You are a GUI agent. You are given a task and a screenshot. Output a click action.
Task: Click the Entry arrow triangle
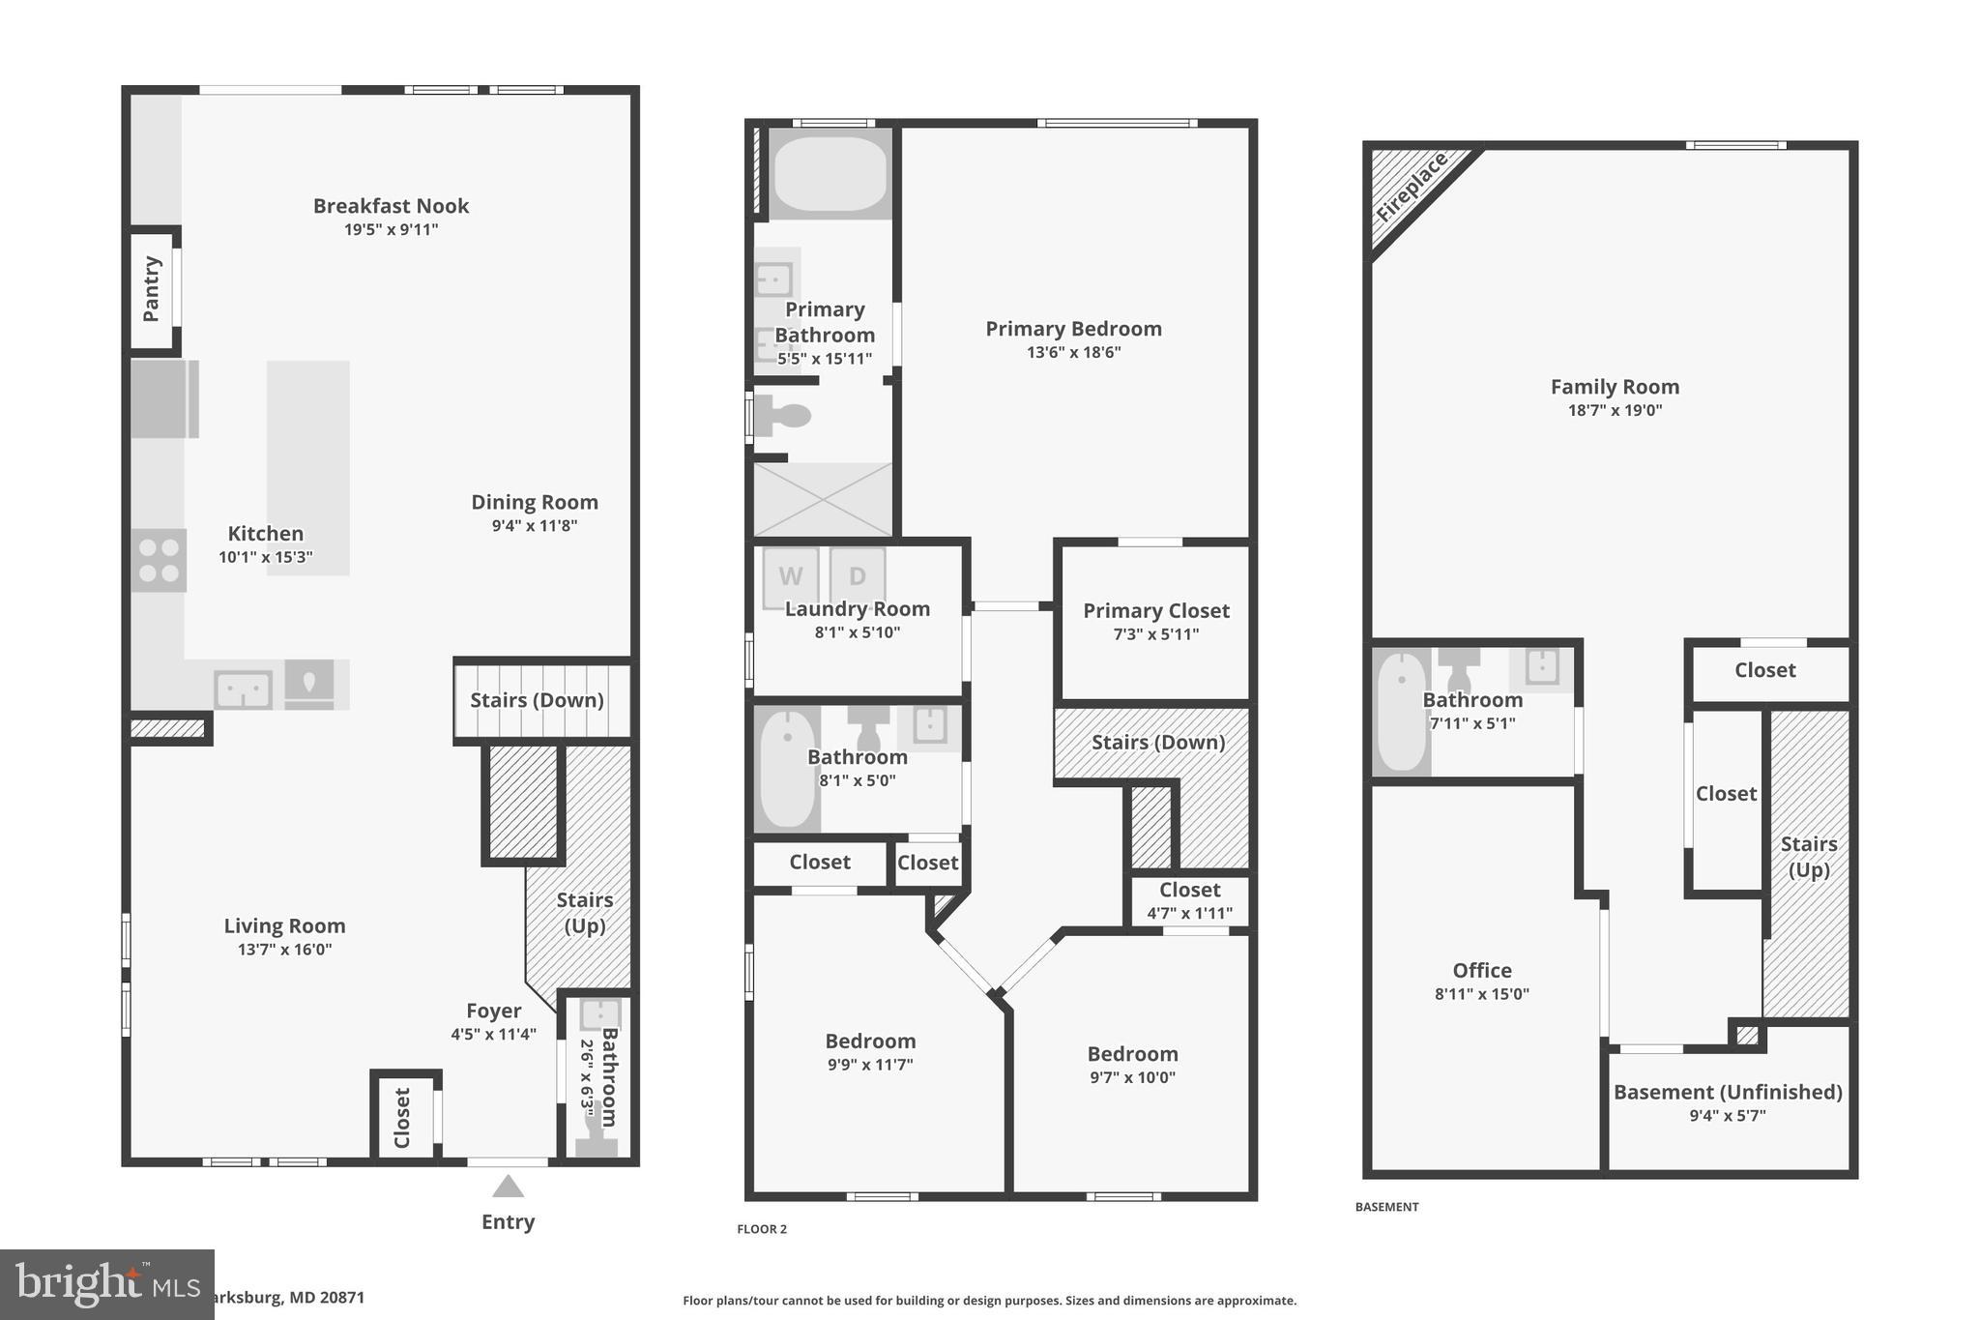click(x=508, y=1187)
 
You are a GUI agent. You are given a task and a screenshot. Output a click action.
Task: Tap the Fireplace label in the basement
click(x=1412, y=187)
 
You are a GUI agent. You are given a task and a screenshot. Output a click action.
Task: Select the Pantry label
click(x=152, y=288)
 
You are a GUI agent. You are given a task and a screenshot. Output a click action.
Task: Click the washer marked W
click(x=791, y=576)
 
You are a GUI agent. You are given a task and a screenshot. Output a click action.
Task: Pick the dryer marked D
click(x=857, y=576)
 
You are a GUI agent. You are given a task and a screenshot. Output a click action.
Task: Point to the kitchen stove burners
click(x=159, y=561)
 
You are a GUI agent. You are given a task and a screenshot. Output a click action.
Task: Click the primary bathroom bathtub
click(x=830, y=174)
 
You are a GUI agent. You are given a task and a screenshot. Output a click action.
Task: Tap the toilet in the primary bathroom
click(x=785, y=417)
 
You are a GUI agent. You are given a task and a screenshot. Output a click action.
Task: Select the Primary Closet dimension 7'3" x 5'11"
click(x=1155, y=634)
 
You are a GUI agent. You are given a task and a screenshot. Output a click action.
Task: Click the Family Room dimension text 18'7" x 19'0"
click(x=1615, y=410)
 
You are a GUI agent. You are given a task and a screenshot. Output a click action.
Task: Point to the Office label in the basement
click(x=1481, y=970)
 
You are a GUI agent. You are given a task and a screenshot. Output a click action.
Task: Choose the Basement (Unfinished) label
click(x=1728, y=1092)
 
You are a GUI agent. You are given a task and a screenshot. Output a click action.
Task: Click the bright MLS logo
click(x=106, y=1284)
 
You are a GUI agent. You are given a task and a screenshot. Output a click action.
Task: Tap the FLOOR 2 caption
click(x=762, y=1229)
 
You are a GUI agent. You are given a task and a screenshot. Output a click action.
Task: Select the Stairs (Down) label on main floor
click(x=537, y=700)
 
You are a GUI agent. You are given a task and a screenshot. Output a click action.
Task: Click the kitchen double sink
click(x=243, y=689)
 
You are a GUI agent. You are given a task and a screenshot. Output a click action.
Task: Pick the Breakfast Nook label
click(x=391, y=206)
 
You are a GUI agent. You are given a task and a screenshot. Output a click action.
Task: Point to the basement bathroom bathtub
click(x=1401, y=713)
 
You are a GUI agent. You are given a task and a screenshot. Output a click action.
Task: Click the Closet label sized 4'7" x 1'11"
click(x=1189, y=890)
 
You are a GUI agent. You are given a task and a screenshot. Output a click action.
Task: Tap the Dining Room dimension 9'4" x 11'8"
click(x=534, y=526)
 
